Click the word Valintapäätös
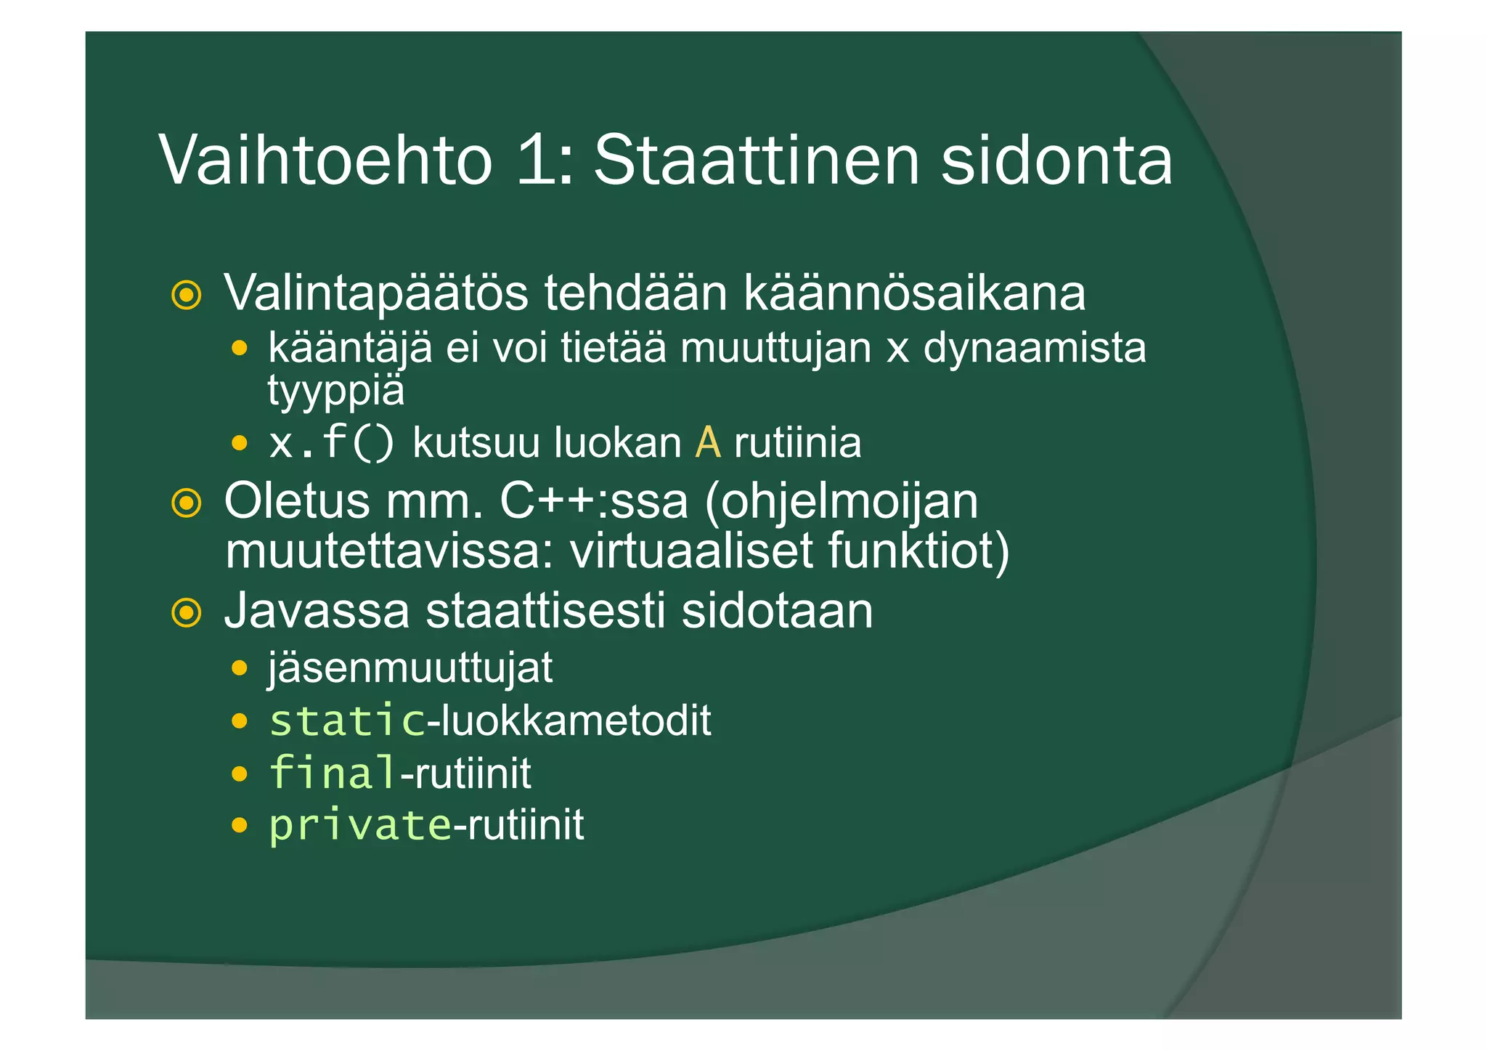[376, 294]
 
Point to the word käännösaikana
[914, 294]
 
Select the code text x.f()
[332, 442]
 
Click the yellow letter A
[708, 442]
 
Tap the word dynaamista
[1035, 347]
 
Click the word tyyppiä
[335, 391]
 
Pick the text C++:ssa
[593, 501]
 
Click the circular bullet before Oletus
[187, 503]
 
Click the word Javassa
[317, 611]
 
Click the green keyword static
[347, 721]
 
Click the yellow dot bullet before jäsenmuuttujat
[240, 668]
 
